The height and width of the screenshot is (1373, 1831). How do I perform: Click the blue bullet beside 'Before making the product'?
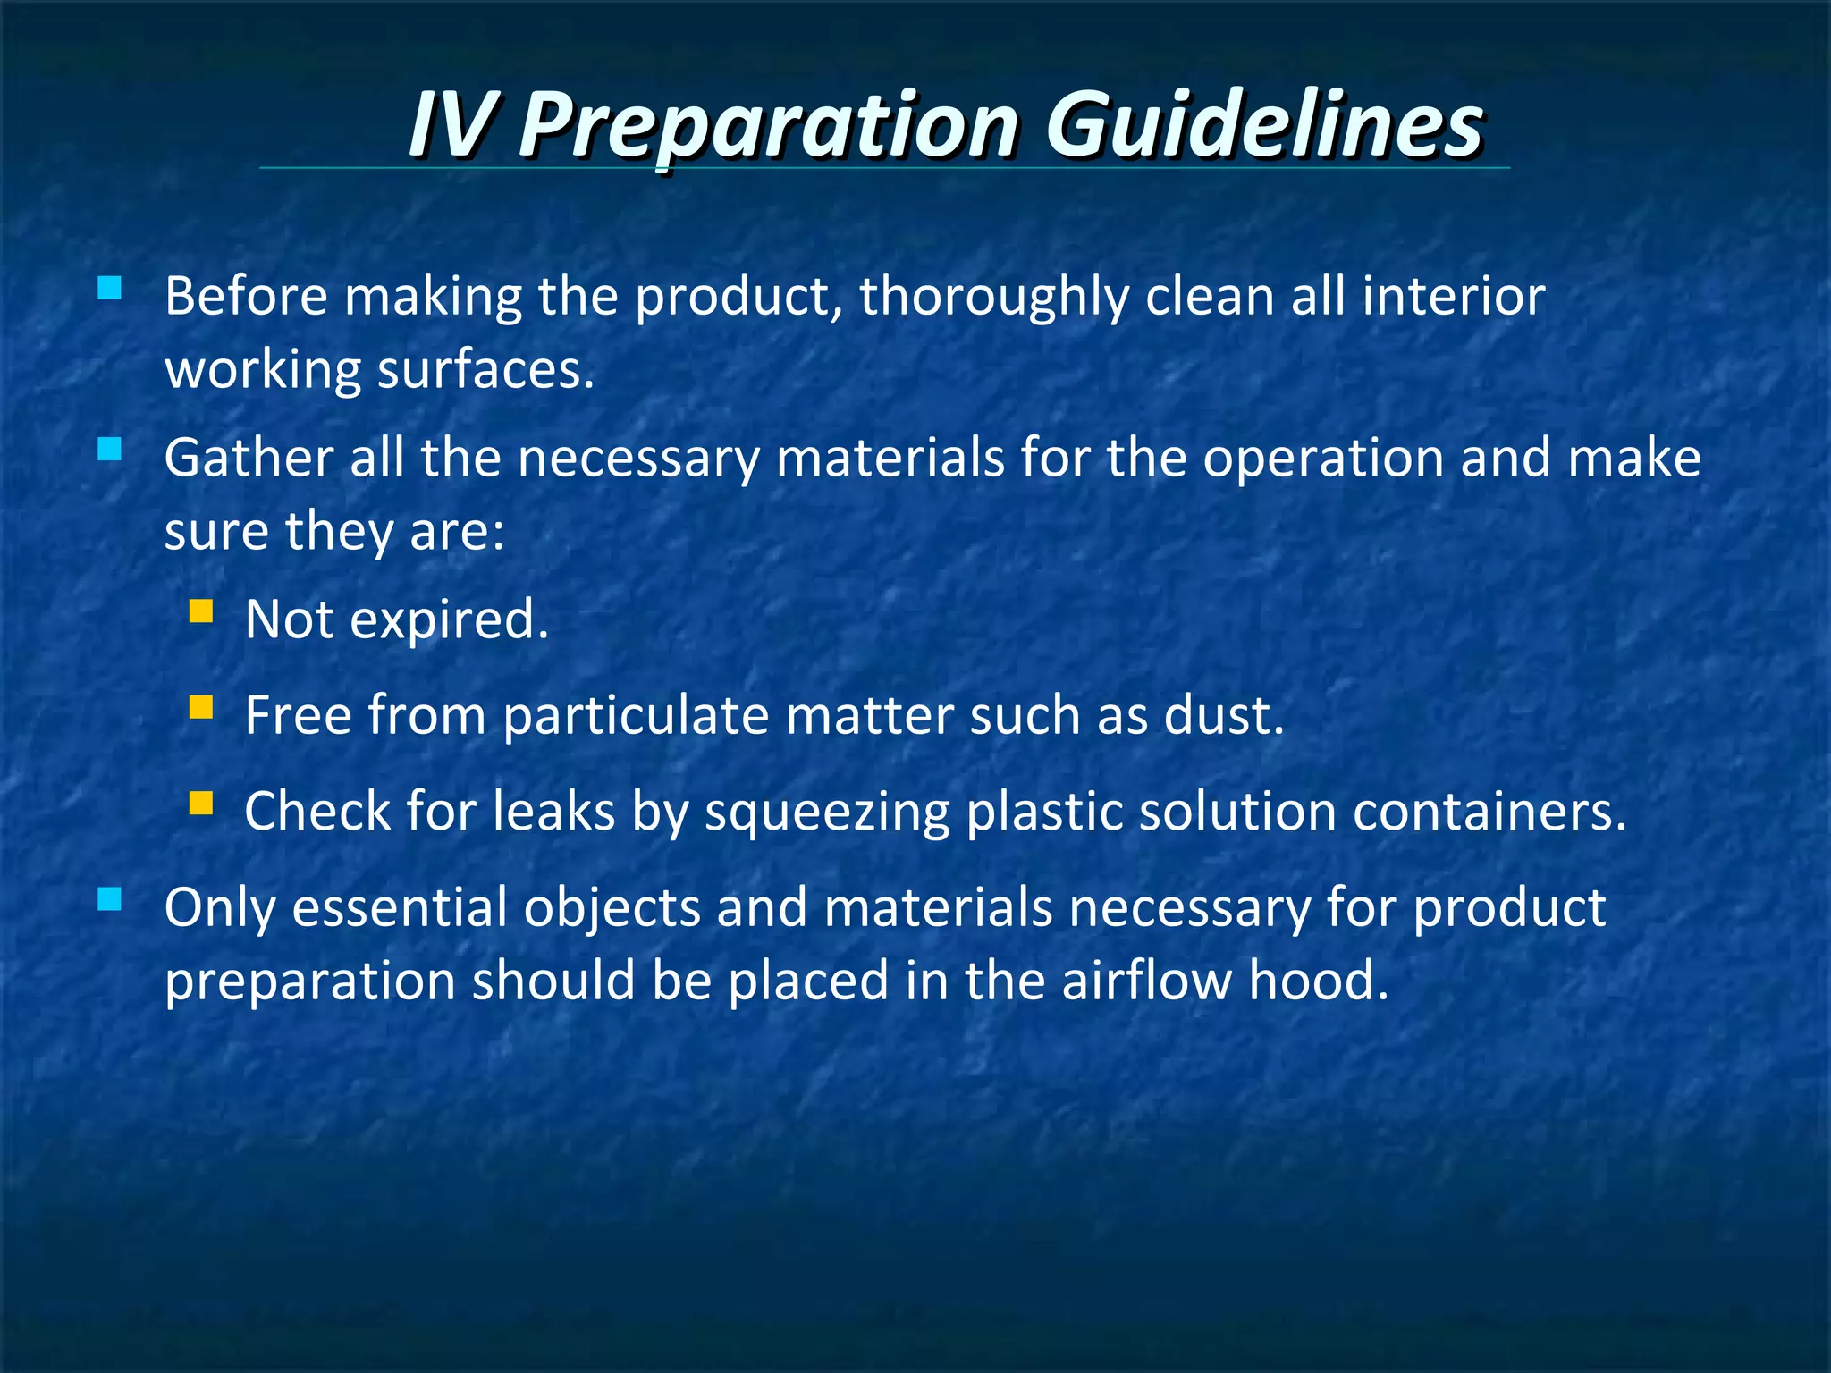109,288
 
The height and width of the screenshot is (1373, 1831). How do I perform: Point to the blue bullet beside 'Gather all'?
109,449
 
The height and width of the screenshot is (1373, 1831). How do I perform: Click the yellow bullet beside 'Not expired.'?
201,611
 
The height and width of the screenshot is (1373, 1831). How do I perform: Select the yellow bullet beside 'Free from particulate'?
201,708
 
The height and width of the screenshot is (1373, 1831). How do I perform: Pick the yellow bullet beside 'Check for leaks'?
201,804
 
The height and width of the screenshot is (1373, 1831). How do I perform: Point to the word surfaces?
485,370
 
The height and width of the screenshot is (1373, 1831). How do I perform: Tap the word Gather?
249,459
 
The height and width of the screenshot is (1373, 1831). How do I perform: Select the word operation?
1322,459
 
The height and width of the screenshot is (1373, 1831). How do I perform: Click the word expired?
449,620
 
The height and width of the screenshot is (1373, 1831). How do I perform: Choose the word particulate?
636,716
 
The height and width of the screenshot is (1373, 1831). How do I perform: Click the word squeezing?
827,813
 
